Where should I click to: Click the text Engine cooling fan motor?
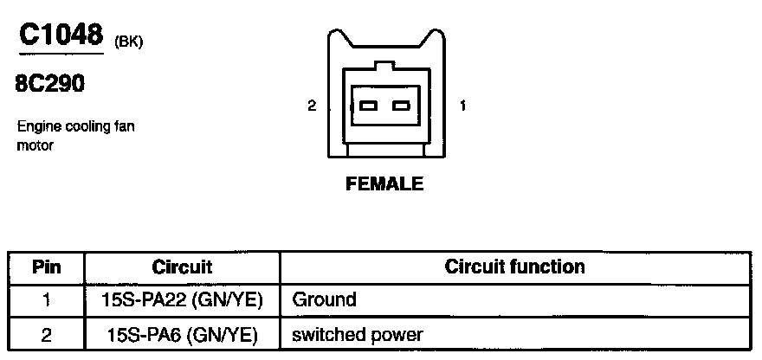tap(75, 136)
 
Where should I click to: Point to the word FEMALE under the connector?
tap(384, 183)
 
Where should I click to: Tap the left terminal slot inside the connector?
tap(369, 106)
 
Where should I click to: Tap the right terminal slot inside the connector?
tap(400, 106)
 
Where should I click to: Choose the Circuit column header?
tap(182, 267)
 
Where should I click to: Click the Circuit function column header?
tap(514, 267)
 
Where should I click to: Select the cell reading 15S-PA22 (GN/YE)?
tap(182, 300)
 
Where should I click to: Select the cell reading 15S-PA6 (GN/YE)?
tap(182, 334)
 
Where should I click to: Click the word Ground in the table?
tap(325, 300)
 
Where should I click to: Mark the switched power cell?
tap(358, 334)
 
